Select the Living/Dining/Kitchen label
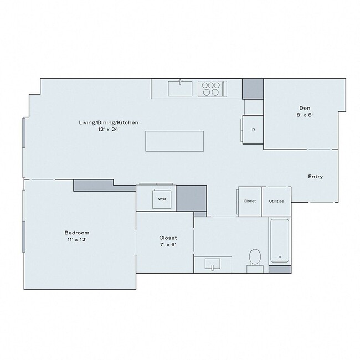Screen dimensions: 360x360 pos(109,122)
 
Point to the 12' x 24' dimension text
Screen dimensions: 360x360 pos(109,129)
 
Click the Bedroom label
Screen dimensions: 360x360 pos(76,233)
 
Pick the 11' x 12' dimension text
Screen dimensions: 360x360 pos(76,240)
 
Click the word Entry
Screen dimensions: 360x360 pos(316,177)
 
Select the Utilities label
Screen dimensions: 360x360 pos(276,201)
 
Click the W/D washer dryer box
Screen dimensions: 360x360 pos(162,198)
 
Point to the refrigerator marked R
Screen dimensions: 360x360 pos(253,130)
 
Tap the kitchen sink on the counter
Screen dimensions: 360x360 pos(180,87)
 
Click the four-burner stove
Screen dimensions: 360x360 pos(211,89)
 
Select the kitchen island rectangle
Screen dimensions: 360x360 pos(174,141)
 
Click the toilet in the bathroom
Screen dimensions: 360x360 pos(255,258)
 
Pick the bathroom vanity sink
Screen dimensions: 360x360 pos(213,264)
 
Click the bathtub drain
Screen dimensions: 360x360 pos(280,257)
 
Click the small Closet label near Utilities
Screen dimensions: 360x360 pos(250,201)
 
